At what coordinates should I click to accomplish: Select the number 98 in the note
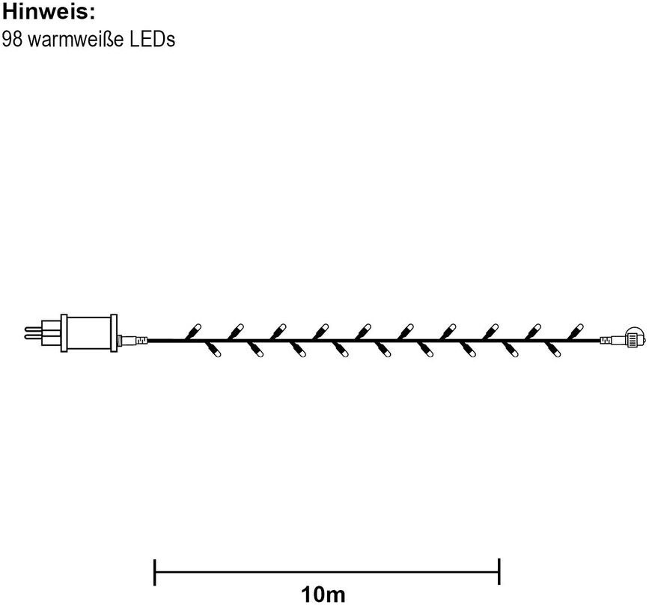[x=13, y=39]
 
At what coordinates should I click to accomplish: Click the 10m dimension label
[x=323, y=595]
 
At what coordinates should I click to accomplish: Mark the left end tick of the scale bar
[x=154, y=572]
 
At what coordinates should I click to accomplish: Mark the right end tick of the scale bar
[x=499, y=572]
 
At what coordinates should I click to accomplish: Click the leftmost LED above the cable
[x=195, y=329]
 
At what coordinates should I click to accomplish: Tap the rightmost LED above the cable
[x=576, y=329]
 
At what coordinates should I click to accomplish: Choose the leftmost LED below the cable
[x=213, y=350]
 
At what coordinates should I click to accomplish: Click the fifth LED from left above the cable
[x=365, y=329]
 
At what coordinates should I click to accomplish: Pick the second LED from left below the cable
[x=256, y=350]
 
